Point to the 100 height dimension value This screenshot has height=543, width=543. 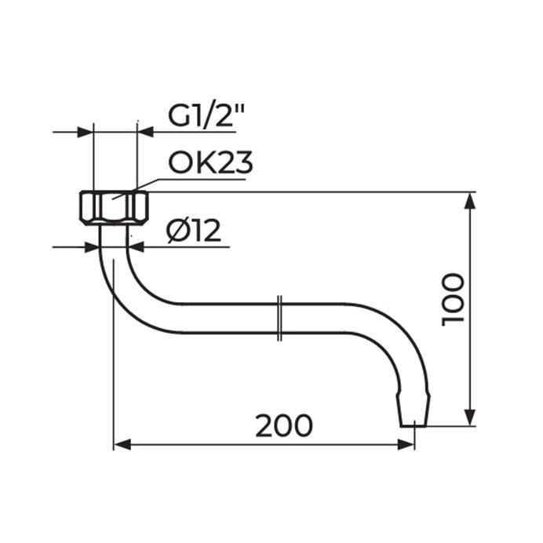click(x=453, y=300)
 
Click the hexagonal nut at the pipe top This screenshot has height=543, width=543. click(x=114, y=208)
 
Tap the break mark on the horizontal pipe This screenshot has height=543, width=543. click(x=280, y=319)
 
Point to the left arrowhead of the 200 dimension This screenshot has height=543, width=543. click(x=122, y=445)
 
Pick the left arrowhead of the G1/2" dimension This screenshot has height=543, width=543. click(x=86, y=131)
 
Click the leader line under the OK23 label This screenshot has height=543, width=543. click(x=196, y=179)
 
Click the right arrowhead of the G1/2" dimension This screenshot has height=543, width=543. click(x=145, y=131)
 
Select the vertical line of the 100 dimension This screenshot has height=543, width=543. click(x=470, y=345)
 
